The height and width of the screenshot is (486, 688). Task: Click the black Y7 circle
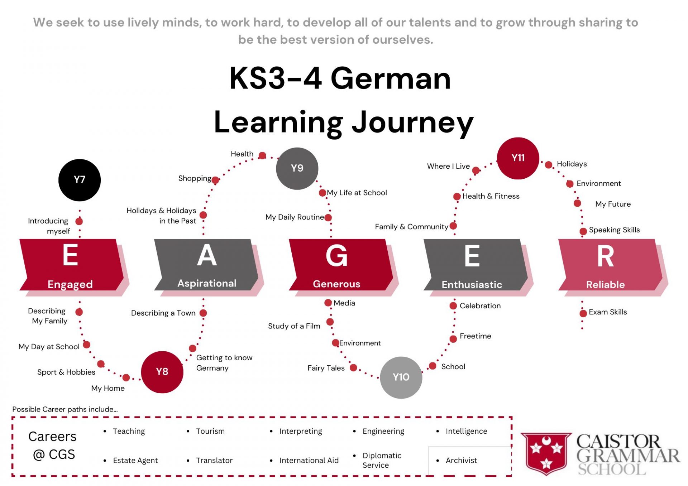click(x=80, y=180)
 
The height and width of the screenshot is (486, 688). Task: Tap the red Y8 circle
click(x=162, y=372)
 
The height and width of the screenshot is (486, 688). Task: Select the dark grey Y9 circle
click(x=297, y=168)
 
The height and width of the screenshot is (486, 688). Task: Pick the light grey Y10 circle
click(x=401, y=377)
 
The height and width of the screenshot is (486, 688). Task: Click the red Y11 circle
click(x=518, y=158)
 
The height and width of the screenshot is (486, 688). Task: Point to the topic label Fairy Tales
click(x=326, y=368)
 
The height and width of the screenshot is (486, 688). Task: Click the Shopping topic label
click(x=195, y=178)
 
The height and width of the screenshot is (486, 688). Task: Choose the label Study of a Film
click(x=294, y=326)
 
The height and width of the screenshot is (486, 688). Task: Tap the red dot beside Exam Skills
click(x=583, y=313)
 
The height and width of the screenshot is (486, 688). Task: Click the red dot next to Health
click(x=262, y=155)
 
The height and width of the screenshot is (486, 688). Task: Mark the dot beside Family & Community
click(x=453, y=226)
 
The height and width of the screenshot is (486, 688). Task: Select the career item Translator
click(x=214, y=460)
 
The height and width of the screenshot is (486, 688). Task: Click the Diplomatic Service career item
click(x=382, y=460)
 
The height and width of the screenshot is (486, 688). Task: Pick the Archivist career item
click(x=461, y=460)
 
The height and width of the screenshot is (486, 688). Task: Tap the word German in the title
click(x=391, y=78)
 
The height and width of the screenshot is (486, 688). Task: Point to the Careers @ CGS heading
click(x=52, y=445)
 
